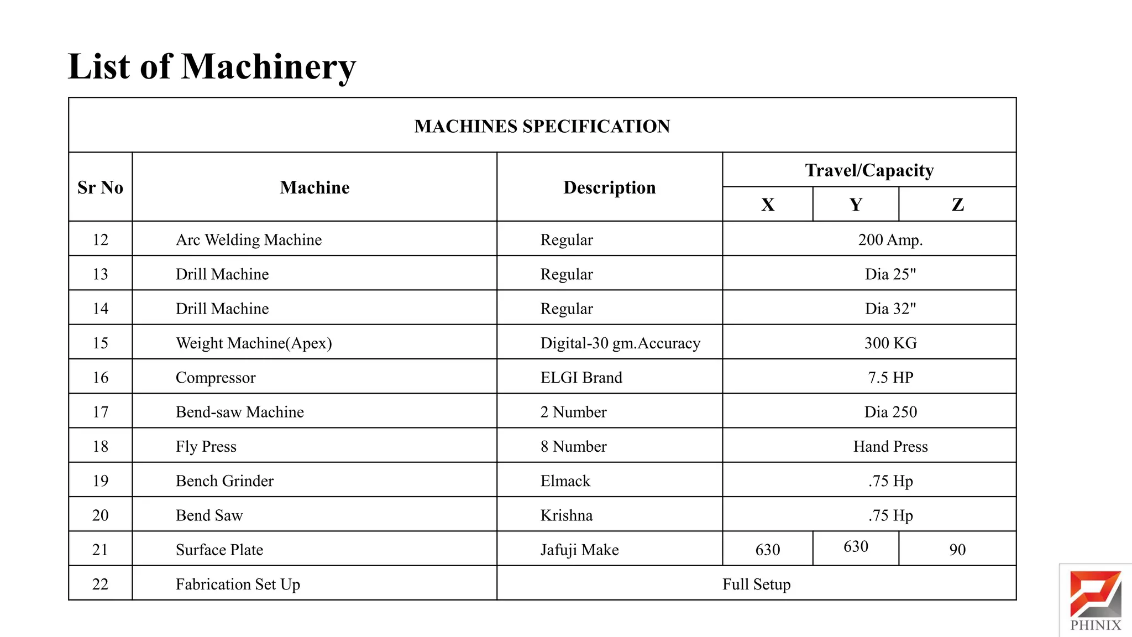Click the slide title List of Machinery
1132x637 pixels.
pos(212,67)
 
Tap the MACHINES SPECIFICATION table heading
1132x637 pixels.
pos(542,126)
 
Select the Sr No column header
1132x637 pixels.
pos(100,187)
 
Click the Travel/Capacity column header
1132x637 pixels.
pos(869,170)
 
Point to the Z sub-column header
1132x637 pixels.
pos(957,205)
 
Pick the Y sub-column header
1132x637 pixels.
pos(856,205)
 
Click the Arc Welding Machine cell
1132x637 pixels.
pos(249,239)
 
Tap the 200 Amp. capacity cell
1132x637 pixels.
pos(890,239)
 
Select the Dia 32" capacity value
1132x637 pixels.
pos(890,309)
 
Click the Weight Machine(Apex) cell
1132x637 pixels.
pos(254,343)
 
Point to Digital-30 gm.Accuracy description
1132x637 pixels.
pos(620,343)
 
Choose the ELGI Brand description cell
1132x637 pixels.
pos(581,378)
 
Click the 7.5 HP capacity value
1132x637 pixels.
pos(890,378)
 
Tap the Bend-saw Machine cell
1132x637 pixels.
pos(239,412)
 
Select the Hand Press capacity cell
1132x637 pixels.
pos(890,446)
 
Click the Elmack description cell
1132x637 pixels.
pos(565,481)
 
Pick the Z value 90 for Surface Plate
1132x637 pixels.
pos(957,550)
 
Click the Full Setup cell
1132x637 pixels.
pos(756,584)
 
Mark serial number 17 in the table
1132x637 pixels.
pos(100,412)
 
